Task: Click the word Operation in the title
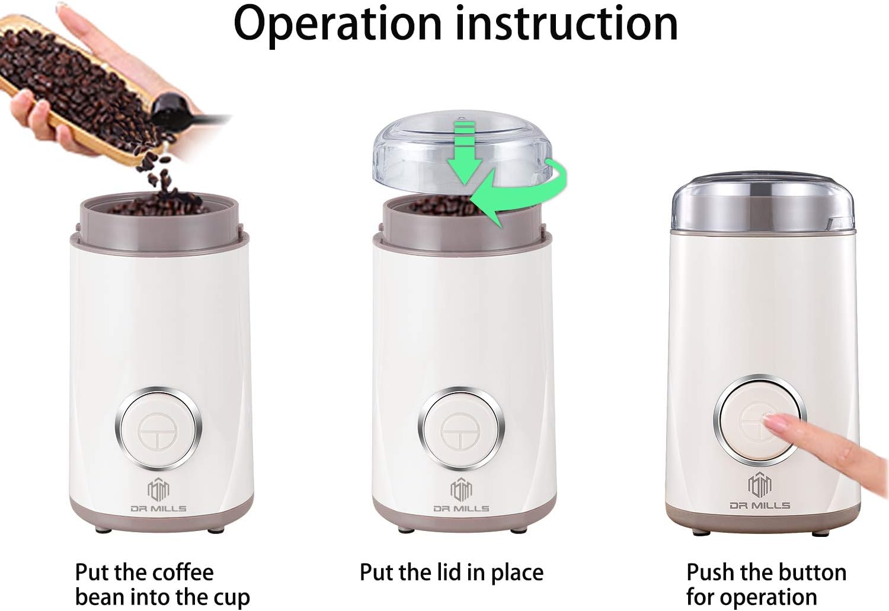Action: click(x=338, y=24)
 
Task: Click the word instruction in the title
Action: click(x=567, y=24)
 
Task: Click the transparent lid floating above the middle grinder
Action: click(x=415, y=148)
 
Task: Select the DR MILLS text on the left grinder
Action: click(x=158, y=508)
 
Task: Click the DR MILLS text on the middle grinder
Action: click(x=461, y=508)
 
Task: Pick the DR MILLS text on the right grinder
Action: click(x=760, y=506)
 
